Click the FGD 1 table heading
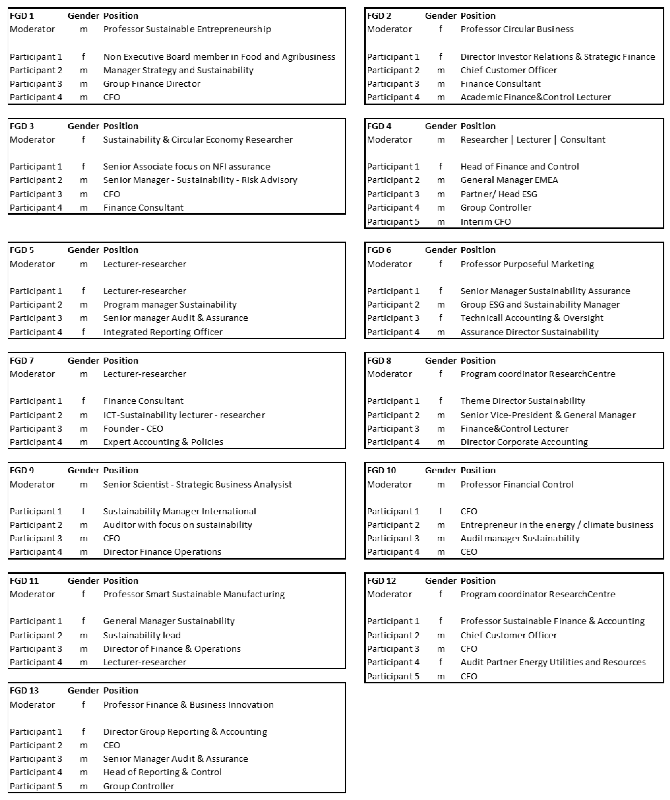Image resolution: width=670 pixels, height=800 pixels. pos(22,16)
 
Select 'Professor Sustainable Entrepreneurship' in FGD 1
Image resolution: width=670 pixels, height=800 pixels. pos(187,29)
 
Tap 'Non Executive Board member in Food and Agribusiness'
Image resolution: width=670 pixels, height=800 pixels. pos(219,57)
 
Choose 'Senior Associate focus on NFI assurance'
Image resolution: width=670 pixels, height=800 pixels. pos(186,166)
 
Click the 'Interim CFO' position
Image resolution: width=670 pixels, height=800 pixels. pos(485,222)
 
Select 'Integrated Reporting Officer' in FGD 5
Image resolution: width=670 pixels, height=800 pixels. pos(163,332)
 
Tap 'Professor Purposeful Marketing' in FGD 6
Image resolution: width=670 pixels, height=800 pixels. pos(527,264)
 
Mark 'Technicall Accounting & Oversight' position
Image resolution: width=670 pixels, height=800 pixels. pos(532,318)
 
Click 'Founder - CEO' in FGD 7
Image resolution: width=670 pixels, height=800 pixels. pos(133,429)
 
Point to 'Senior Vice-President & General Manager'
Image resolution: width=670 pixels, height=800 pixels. pos(548,415)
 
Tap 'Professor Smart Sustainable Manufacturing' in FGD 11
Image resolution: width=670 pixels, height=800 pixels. pos(194,594)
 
